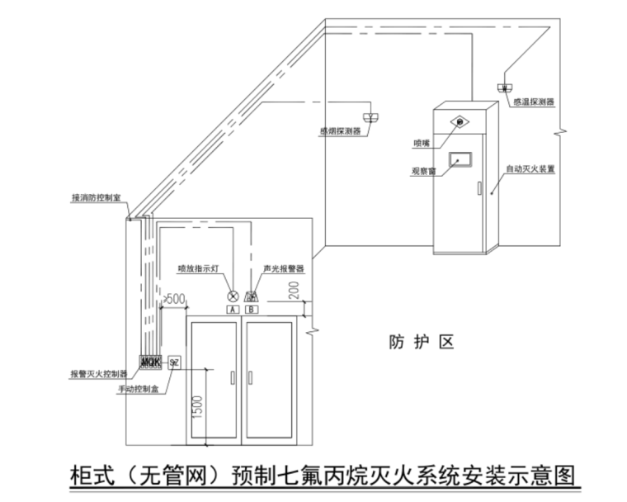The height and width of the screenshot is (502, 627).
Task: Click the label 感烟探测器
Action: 339,130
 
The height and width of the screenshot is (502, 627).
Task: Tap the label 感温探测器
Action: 532,102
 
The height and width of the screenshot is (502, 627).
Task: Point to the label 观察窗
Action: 423,172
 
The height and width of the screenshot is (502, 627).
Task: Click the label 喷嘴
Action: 422,143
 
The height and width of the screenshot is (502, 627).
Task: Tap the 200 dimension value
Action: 295,289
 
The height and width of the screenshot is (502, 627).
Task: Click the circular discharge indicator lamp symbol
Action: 233,296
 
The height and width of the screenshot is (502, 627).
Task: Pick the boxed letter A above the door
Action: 233,309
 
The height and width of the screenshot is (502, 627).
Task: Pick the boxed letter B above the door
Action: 252,309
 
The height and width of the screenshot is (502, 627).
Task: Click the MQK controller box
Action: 150,362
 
